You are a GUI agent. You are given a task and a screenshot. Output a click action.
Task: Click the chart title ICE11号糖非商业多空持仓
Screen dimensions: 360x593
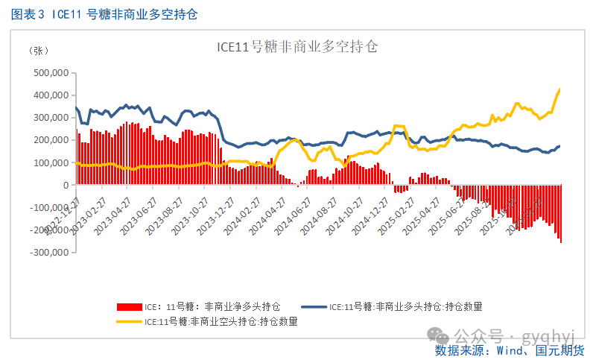tap(297, 47)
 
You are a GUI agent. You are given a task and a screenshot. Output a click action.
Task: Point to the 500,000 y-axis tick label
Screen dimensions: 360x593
tap(51, 73)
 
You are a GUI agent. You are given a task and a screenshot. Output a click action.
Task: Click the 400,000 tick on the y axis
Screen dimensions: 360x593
tap(51, 95)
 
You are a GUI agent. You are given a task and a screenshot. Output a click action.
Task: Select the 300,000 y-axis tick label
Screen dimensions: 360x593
tap(51, 118)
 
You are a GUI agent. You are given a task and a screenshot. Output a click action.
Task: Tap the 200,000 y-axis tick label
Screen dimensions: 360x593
tap(51, 140)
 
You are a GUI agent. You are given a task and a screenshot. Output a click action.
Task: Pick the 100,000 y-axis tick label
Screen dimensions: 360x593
tap(51, 162)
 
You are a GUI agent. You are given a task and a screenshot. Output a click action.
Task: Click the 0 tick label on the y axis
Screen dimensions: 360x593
tap(66, 185)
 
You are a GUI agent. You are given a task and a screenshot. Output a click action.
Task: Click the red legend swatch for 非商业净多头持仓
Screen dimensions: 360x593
tap(128, 306)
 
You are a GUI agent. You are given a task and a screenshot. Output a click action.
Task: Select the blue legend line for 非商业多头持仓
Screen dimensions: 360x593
tap(313, 306)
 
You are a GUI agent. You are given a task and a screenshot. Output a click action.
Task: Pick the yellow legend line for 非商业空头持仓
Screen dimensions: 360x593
tap(128, 322)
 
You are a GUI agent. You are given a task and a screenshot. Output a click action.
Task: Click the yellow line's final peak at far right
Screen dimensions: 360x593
tap(559, 89)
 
